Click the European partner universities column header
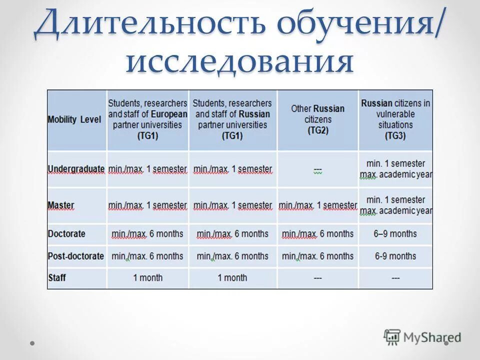(x=147, y=119)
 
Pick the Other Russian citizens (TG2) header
(x=317, y=119)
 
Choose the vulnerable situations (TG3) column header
(x=395, y=119)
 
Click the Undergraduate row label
(x=76, y=169)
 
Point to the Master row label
(x=61, y=205)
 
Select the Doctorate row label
(x=66, y=233)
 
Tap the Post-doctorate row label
(x=76, y=256)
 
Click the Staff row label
(x=56, y=277)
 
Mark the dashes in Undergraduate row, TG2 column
(x=317, y=170)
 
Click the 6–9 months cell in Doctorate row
(x=395, y=233)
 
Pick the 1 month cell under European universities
(x=147, y=277)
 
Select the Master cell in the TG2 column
(x=317, y=205)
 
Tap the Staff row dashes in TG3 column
(x=395, y=277)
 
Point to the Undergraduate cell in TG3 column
(x=395, y=169)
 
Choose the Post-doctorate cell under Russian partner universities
(x=232, y=256)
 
